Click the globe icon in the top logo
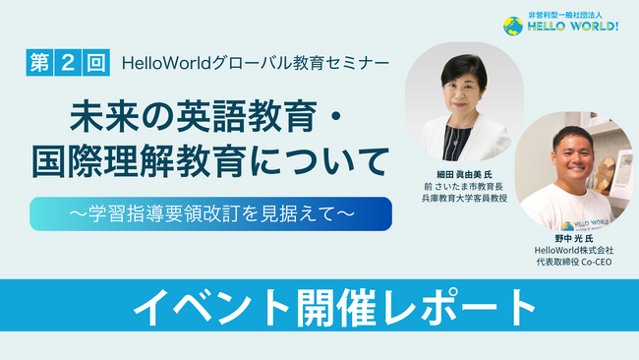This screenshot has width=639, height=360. pos(512,27)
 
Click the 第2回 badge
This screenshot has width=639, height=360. pos(67,62)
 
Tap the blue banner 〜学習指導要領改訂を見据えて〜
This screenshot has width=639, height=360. pos(210,212)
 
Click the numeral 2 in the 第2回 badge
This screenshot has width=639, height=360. pos(67,62)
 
